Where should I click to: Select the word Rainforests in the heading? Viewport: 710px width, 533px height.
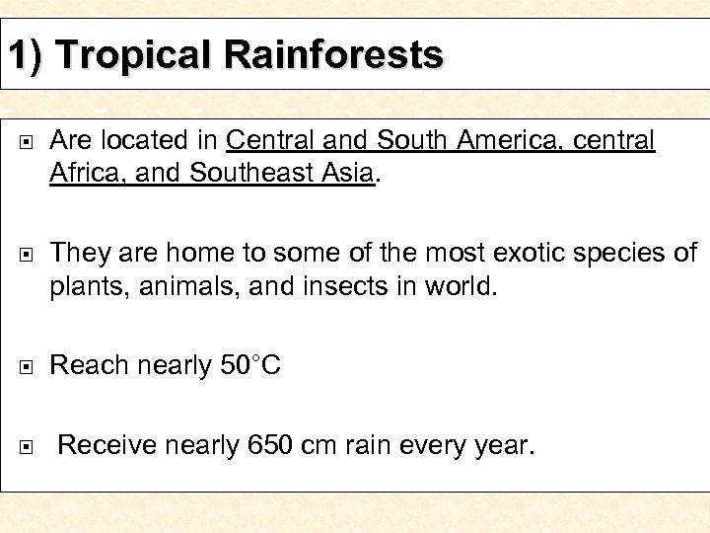click(x=334, y=54)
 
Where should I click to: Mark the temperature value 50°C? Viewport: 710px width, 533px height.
click(x=250, y=366)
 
